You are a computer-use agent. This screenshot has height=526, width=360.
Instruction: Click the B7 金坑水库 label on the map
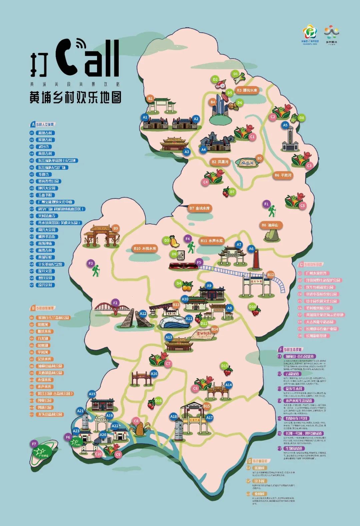(200, 208)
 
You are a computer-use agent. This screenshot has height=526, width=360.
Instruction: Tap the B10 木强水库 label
(145, 248)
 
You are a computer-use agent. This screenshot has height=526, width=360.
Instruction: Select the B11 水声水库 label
(212, 240)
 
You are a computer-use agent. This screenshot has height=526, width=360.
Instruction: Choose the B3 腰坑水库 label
(247, 90)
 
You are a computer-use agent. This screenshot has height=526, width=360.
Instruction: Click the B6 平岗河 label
(283, 175)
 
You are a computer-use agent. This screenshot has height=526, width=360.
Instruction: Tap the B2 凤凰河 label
(220, 162)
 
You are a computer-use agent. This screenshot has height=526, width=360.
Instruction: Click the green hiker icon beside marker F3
(96, 271)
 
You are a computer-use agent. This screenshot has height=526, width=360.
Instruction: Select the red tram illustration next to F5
(183, 266)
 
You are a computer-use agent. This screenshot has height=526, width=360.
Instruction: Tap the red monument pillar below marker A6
(256, 260)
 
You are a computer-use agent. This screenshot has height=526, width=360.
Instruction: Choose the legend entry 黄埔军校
(45, 257)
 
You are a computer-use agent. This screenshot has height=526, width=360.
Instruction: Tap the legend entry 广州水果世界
(316, 273)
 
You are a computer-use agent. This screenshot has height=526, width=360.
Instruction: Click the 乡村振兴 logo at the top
(332, 35)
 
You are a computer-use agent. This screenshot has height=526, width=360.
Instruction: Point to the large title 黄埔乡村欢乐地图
(76, 97)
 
